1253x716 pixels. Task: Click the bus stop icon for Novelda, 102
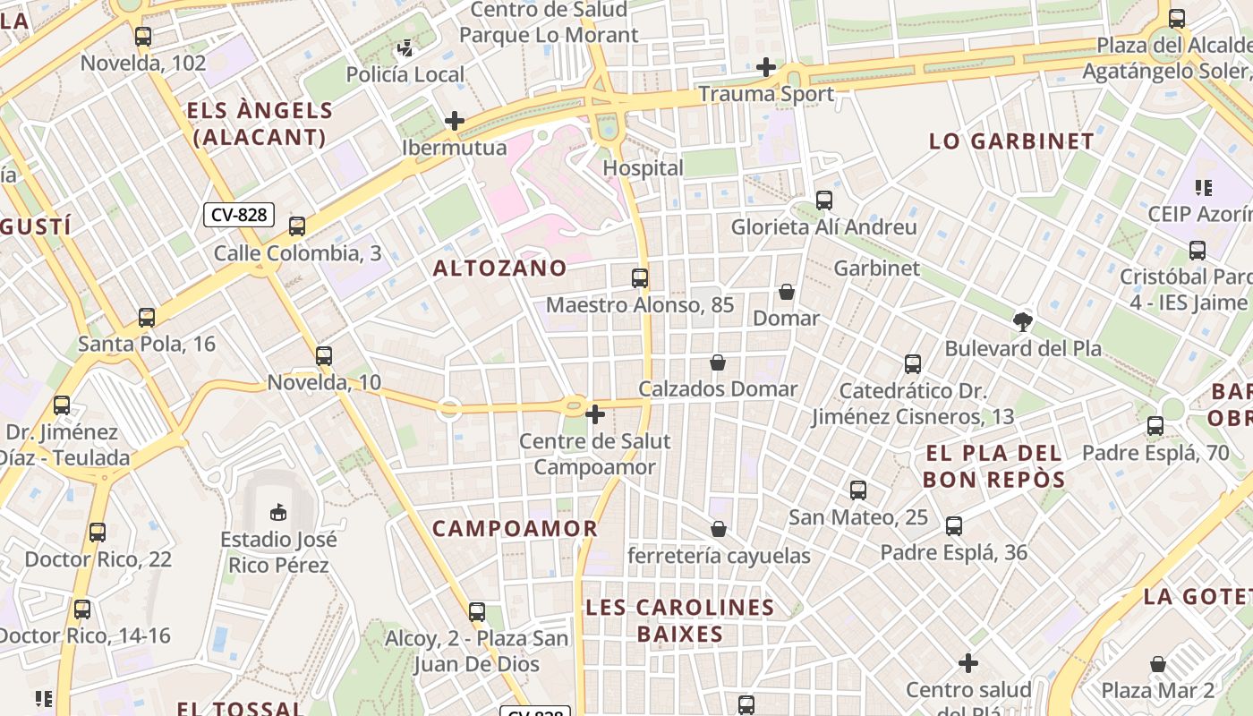[143, 37]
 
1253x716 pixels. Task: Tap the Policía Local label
[405, 74]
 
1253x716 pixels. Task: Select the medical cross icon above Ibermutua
[455, 121]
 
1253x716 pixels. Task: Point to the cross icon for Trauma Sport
[765, 67]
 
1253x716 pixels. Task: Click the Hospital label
[643, 168]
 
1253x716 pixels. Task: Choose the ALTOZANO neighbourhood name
[500, 268]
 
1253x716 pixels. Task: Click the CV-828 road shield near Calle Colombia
[238, 215]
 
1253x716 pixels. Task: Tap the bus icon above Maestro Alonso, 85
[640, 278]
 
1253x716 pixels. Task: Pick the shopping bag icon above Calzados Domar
[717, 362]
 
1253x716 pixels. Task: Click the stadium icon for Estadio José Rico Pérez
[278, 513]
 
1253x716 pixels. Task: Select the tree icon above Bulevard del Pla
[1022, 322]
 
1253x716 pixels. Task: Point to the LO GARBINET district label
[1011, 141]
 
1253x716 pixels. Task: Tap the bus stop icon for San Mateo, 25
[857, 490]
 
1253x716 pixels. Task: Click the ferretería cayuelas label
[719, 556]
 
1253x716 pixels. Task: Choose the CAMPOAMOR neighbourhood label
[515, 528]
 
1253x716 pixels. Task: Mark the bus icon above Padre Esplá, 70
[1155, 426]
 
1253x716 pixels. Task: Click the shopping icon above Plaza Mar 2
[1158, 664]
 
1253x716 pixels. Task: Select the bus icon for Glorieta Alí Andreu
[823, 200]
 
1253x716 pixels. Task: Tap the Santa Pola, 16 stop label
[147, 344]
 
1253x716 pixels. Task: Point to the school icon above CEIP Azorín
[1204, 188]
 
